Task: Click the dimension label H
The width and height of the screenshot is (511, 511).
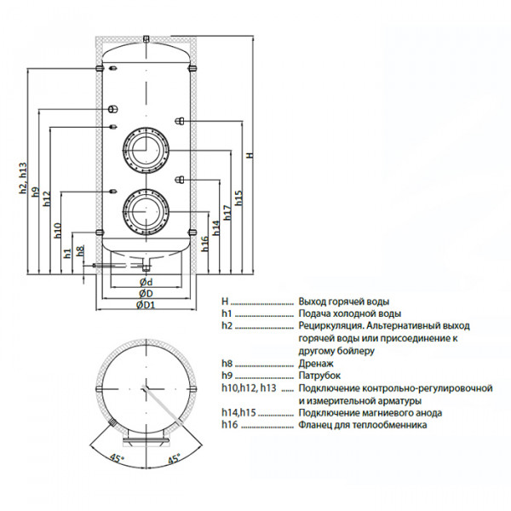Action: [x=250, y=155]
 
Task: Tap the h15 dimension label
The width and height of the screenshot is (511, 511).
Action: [x=238, y=198]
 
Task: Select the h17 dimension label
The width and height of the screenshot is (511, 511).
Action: [x=227, y=212]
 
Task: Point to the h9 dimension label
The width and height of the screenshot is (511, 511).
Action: [x=35, y=192]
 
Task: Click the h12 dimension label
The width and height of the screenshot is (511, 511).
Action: [x=47, y=198]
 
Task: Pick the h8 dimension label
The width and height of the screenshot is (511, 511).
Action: [x=80, y=250]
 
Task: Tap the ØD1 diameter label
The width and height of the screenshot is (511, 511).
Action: [x=146, y=305]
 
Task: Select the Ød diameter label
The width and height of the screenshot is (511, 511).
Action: [x=146, y=282]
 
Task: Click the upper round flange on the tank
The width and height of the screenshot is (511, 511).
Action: [x=146, y=150]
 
